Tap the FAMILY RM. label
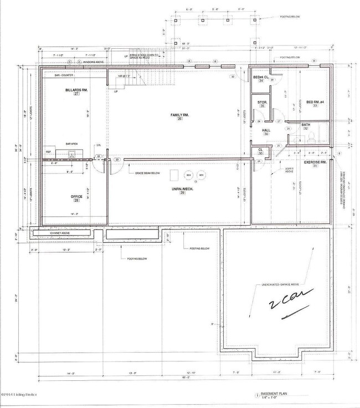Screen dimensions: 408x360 (x=179, y=114)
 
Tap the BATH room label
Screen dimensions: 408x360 (x=306, y=125)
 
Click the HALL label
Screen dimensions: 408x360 (x=266, y=130)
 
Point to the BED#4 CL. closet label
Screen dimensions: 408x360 (x=261, y=77)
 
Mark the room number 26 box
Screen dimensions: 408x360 (x=179, y=119)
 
